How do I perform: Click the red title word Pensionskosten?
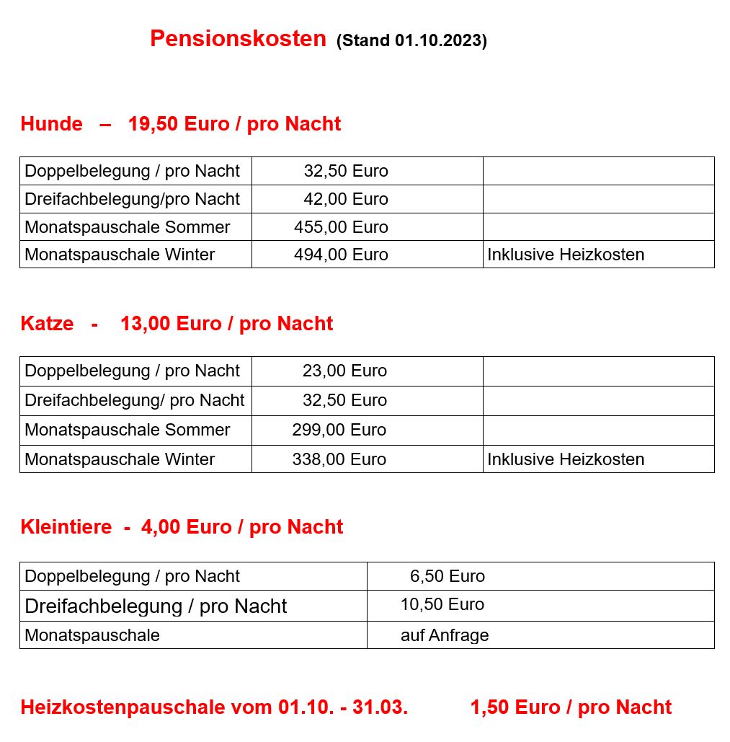pos(238,39)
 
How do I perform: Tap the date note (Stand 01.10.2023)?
pos(411,41)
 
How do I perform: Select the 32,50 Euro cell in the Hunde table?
pos(345,171)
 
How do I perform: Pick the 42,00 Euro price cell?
pos(345,199)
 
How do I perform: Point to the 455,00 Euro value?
pos(341,227)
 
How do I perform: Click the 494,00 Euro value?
pos(341,255)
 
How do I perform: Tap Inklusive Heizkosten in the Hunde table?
pos(566,255)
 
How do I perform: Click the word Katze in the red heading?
pos(47,324)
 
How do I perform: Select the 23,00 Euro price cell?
pos(344,371)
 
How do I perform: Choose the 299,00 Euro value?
pos(339,430)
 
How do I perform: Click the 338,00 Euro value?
pos(339,459)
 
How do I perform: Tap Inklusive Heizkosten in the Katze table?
pos(566,459)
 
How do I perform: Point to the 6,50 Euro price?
pos(447,576)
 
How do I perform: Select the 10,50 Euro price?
pos(442,604)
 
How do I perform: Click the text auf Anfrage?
pos(445,635)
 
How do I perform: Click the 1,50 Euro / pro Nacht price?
pos(571,707)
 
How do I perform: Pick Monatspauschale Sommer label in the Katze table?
pos(128,430)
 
